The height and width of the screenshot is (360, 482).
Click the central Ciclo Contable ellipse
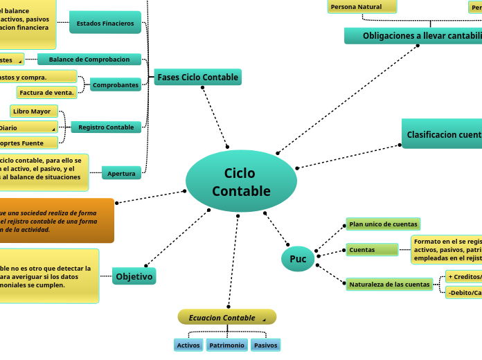coord(241,181)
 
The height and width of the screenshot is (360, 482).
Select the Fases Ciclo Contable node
coord(197,78)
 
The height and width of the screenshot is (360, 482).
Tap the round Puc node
coord(298,259)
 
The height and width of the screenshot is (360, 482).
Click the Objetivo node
coord(134,276)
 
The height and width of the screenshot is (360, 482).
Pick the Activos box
coord(188,345)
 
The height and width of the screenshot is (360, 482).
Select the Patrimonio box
coord(226,345)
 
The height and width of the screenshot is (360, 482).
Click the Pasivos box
coord(265,345)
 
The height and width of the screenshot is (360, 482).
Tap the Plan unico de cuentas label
coord(383,224)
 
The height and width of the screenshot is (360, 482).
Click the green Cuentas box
coord(372,249)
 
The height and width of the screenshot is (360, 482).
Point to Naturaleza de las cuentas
coord(389,284)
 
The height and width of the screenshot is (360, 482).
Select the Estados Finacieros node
coord(105,23)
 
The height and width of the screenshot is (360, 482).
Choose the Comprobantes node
coord(116,84)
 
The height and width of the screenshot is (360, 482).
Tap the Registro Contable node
coord(106,127)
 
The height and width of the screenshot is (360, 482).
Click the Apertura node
coord(121,173)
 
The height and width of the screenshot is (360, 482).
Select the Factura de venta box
coord(46,92)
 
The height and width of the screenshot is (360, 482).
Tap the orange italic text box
coord(57,220)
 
